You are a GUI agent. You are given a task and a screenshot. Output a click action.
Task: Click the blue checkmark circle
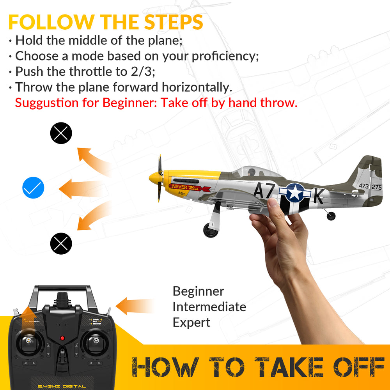click(x=33, y=189)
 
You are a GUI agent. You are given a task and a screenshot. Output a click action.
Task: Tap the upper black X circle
click(x=61, y=133)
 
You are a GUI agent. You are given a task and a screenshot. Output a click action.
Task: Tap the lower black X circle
click(x=61, y=244)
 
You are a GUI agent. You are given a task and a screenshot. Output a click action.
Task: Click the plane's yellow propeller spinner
click(x=156, y=179)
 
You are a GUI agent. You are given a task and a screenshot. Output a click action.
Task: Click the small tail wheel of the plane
click(x=331, y=216)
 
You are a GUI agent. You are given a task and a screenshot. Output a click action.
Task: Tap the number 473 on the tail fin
click(x=363, y=186)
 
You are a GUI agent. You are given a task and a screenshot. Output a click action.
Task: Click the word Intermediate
click(x=209, y=307)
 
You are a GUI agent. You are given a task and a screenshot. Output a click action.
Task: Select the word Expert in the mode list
click(x=191, y=323)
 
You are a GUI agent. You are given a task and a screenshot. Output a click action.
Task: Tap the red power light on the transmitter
click(x=62, y=338)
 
